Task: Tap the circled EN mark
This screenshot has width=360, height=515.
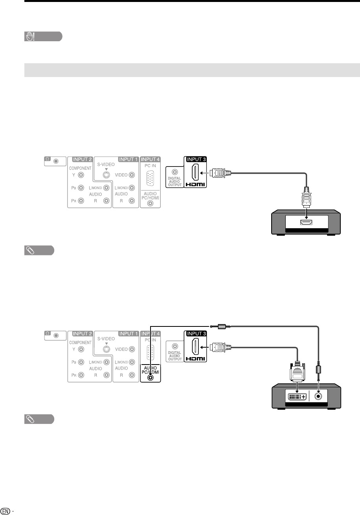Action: coord(5,511)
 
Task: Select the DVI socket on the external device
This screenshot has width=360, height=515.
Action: coord(297,396)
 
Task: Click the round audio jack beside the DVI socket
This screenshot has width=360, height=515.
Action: coord(319,396)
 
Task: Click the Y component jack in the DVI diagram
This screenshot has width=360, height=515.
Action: coord(81,348)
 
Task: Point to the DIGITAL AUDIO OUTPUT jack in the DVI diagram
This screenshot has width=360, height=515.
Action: coord(175,346)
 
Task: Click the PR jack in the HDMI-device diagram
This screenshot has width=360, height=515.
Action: coord(81,201)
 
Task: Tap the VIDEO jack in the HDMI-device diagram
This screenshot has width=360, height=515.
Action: coord(132,175)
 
